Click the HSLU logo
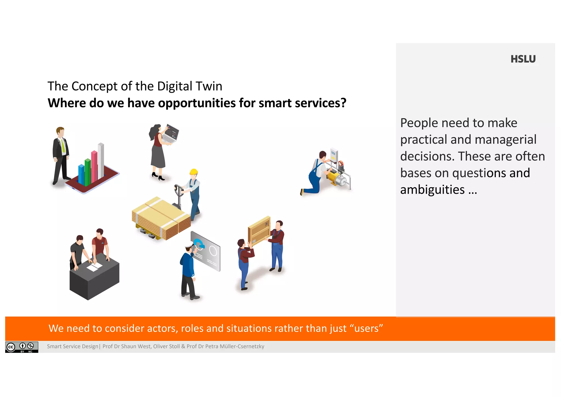tap(523, 59)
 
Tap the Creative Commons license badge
tap(22, 347)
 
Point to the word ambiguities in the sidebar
tap(432, 190)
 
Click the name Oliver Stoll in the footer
tap(166, 346)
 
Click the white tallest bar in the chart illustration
tap(101, 160)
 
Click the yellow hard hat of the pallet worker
tap(194, 172)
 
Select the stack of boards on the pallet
tap(161, 218)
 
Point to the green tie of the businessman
tap(63, 145)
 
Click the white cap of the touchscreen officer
tap(189, 245)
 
